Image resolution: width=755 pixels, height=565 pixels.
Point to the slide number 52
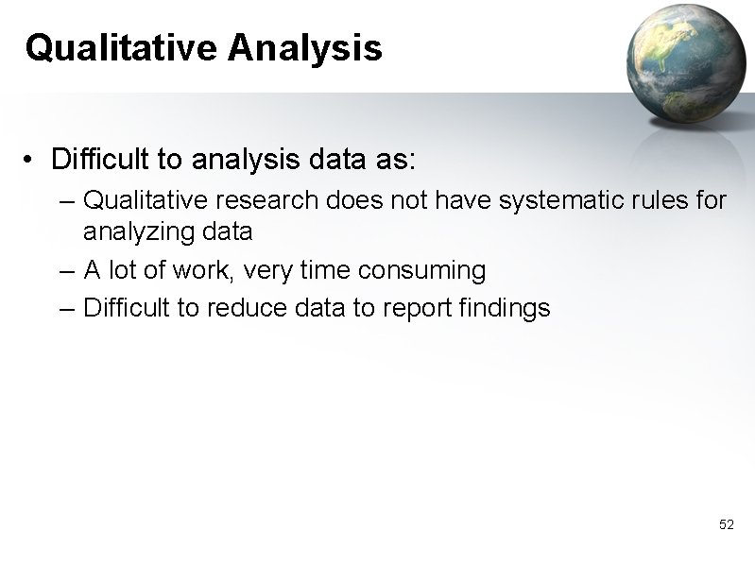click(x=726, y=524)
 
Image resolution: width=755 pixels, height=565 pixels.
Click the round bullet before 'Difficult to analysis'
click(x=32, y=161)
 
